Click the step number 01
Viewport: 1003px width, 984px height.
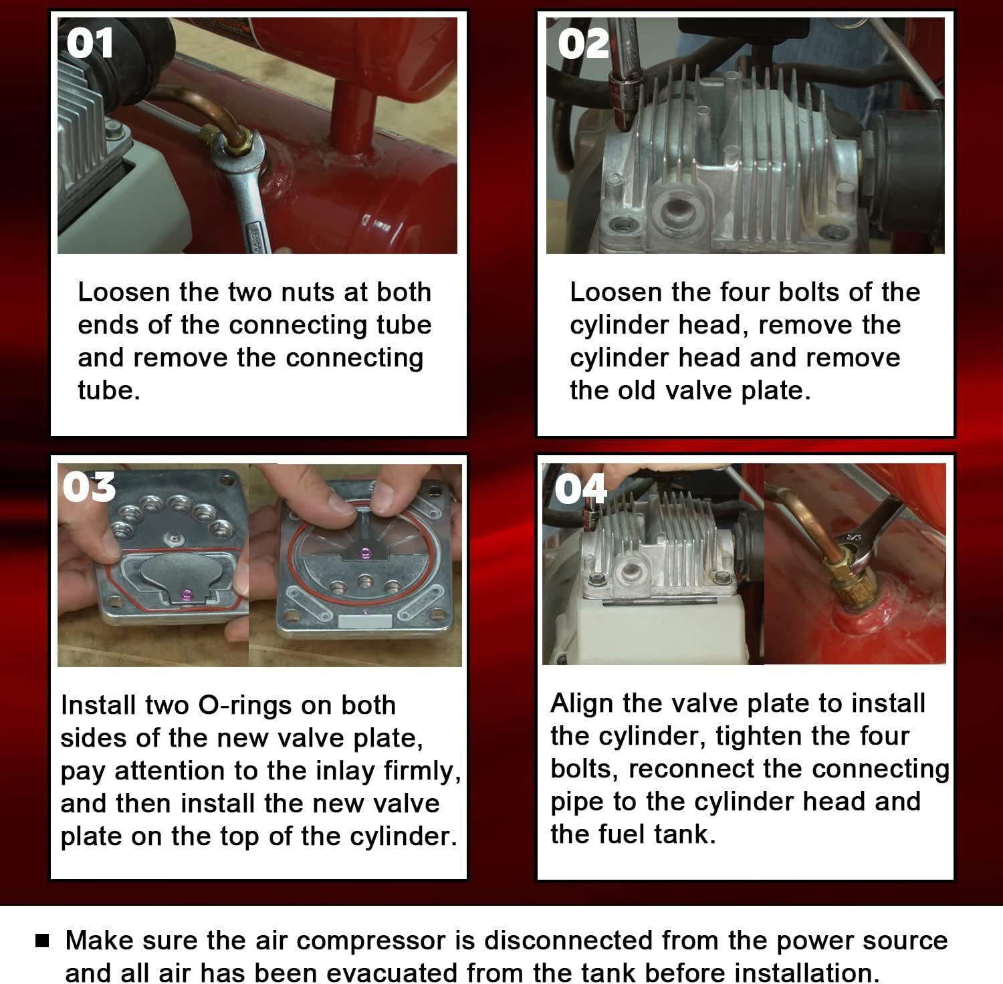[91, 44]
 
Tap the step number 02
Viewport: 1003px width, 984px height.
[584, 44]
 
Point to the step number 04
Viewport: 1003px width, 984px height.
[580, 489]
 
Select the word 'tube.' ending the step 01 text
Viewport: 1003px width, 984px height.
[109, 390]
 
